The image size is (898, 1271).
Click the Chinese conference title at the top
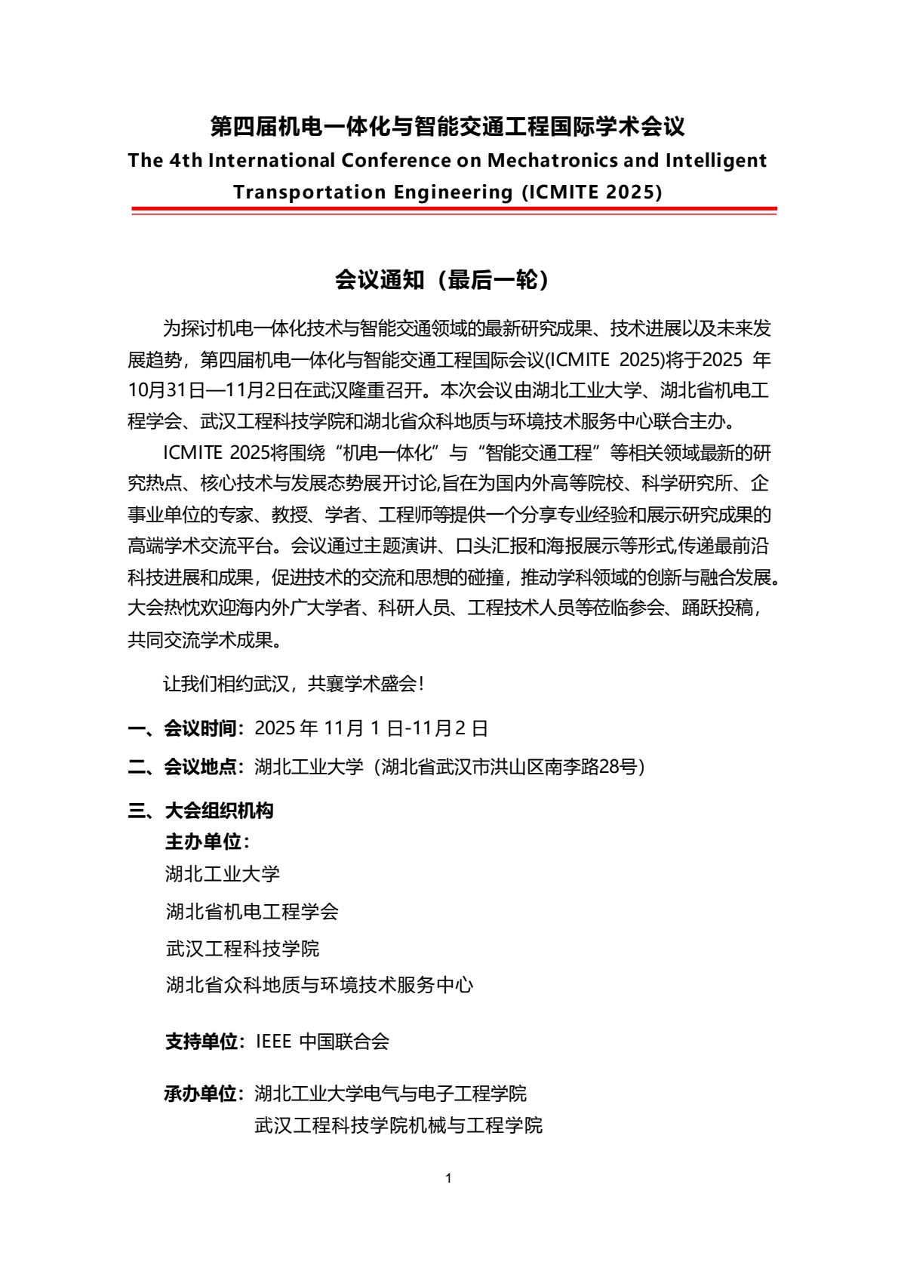point(447,126)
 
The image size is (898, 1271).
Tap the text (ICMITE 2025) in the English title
point(591,192)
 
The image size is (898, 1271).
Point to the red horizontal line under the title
point(454,209)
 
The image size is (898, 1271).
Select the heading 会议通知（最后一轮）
point(442,280)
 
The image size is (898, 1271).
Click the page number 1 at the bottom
point(449,1178)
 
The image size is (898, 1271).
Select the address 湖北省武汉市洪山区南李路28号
point(513,767)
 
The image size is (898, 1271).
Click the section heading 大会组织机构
point(219,811)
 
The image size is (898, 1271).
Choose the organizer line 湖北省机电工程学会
point(252,911)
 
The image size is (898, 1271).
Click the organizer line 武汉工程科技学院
point(242,948)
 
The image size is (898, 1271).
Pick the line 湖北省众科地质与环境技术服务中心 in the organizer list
point(319,984)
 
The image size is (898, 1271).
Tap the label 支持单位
point(201,1042)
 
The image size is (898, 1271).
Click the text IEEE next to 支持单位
point(273,1042)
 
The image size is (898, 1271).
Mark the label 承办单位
point(201,1093)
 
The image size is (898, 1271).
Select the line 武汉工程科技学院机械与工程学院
point(398,1125)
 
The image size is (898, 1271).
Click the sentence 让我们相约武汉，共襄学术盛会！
point(294,684)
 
